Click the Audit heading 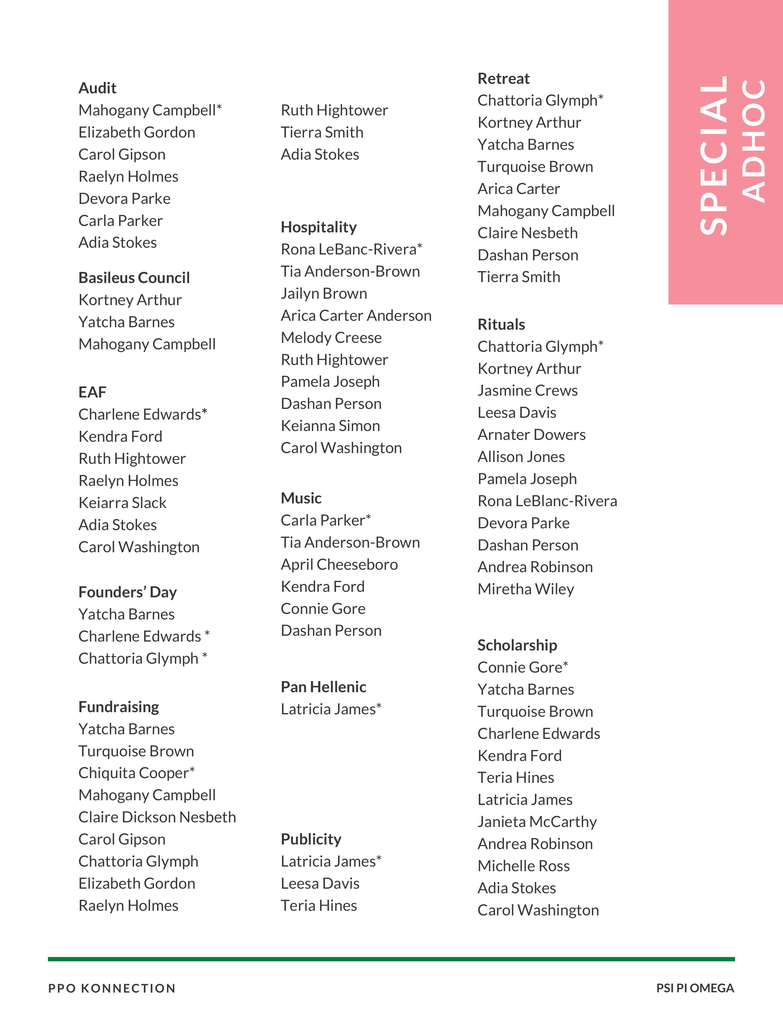click(x=97, y=88)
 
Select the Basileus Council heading click(x=134, y=278)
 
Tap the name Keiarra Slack click(x=123, y=503)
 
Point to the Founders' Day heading click(x=127, y=592)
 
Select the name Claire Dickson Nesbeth click(x=157, y=817)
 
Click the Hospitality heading click(x=319, y=227)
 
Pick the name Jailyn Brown click(x=324, y=293)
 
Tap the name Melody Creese click(x=331, y=338)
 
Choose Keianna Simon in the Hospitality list click(x=330, y=426)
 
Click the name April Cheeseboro click(x=339, y=565)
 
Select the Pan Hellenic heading click(x=323, y=687)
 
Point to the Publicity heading click(x=311, y=839)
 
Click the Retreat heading click(x=503, y=79)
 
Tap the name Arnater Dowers click(x=532, y=435)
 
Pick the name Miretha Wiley click(x=526, y=589)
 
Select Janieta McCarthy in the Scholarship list click(x=537, y=822)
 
